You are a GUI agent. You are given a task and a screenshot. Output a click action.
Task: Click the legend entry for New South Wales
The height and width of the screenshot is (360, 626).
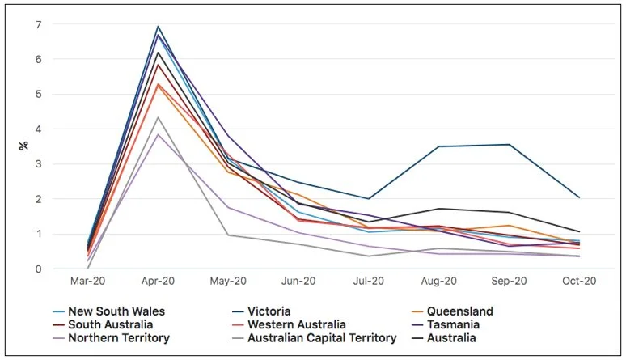(116, 311)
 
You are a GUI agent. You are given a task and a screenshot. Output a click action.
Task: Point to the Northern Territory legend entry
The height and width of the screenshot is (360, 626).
(119, 337)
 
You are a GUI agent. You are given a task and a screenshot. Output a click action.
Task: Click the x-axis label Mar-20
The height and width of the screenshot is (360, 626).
(87, 282)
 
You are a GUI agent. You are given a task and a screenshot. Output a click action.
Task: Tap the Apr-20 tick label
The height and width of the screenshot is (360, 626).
(159, 282)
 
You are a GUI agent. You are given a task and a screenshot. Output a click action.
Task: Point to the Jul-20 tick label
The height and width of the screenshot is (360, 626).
(369, 282)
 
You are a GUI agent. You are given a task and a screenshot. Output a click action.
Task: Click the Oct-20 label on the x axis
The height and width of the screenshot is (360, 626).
(579, 282)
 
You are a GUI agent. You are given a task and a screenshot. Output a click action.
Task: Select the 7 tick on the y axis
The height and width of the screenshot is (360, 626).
(38, 24)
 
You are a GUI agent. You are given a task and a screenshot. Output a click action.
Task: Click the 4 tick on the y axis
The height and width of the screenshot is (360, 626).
(38, 129)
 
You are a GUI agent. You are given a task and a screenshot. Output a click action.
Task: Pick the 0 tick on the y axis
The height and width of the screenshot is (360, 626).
(38, 269)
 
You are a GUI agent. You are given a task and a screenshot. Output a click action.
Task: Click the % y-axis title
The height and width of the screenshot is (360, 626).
(23, 146)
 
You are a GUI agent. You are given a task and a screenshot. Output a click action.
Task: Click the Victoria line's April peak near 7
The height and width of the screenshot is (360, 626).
(159, 27)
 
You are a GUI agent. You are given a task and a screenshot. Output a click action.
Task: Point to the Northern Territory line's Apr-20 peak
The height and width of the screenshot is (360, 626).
(159, 134)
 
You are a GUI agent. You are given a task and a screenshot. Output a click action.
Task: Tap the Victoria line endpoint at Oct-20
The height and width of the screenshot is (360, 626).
(579, 197)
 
